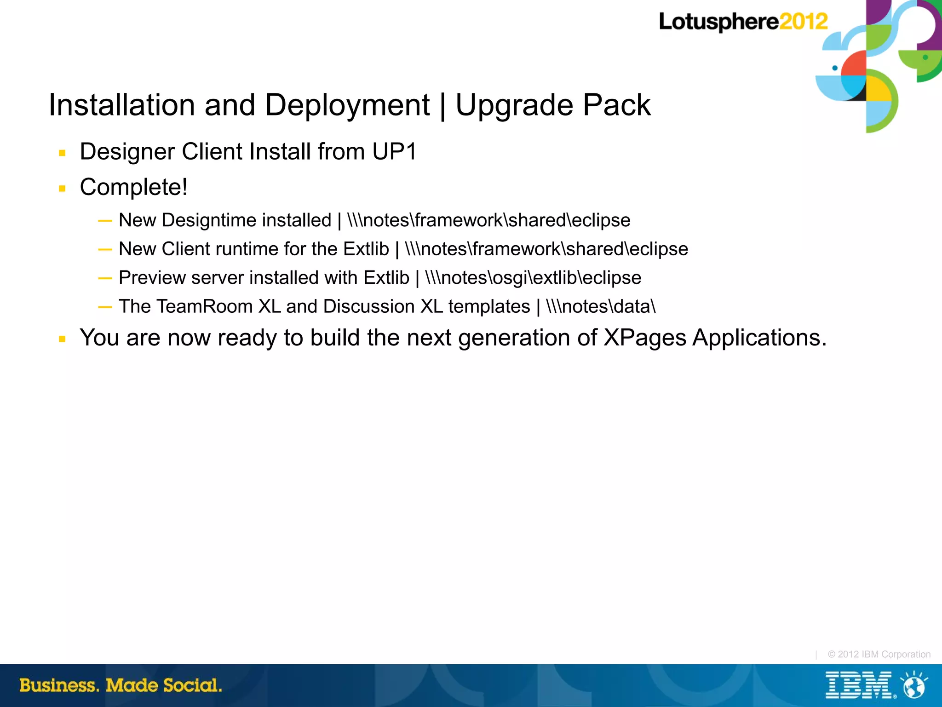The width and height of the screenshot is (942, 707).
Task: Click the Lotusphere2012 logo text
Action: pyautogui.click(x=742, y=22)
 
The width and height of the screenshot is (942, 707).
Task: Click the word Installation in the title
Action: pyautogui.click(x=122, y=105)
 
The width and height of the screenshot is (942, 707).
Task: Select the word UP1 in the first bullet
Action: pyautogui.click(x=394, y=151)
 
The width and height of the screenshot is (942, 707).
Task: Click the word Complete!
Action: pyautogui.click(x=133, y=187)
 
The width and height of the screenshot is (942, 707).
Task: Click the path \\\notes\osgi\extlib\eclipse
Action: pyautogui.click(x=533, y=278)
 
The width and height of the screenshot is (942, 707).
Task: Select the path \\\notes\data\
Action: pyautogui.click(x=601, y=306)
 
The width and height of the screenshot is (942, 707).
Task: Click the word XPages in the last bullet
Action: pyautogui.click(x=645, y=338)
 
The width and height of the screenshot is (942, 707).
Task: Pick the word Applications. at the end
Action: pyautogui.click(x=759, y=338)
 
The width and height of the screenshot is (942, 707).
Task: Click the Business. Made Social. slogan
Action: pyautogui.click(x=121, y=685)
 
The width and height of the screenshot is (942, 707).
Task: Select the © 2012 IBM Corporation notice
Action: pyautogui.click(x=879, y=654)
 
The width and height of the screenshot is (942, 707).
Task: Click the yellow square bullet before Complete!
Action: pyautogui.click(x=63, y=188)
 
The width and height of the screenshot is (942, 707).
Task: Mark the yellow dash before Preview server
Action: pyautogui.click(x=105, y=278)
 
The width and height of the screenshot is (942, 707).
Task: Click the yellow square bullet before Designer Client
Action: pyautogui.click(x=63, y=153)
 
